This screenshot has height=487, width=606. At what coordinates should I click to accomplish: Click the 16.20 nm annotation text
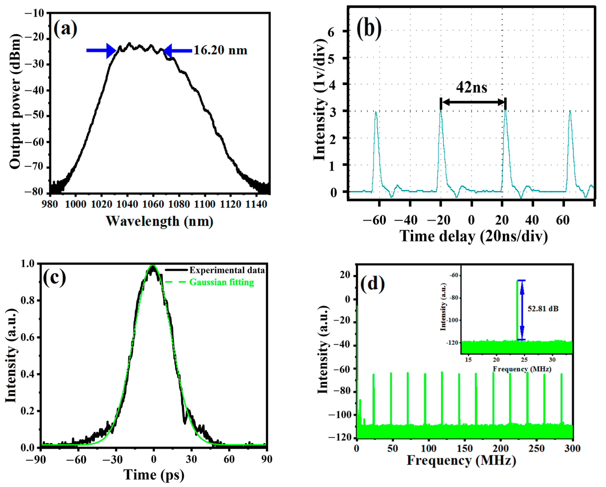pos(220,51)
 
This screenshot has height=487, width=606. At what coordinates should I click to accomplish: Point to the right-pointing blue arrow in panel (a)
pos(101,51)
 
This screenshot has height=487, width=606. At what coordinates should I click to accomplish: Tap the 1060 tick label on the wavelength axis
pos(153,204)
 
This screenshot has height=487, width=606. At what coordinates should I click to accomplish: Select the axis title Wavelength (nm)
pos(159,221)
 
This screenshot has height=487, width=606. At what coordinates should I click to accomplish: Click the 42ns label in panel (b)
pos(472,88)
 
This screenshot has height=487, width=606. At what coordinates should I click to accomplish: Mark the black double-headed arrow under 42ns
pos(473,102)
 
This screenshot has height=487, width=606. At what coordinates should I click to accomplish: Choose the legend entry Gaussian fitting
pos(221,282)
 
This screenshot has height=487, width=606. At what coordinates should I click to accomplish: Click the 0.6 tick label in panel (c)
pos(27,337)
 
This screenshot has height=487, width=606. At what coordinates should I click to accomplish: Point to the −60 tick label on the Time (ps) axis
pos(76,460)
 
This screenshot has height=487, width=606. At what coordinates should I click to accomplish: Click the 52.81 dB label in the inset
pos(543,309)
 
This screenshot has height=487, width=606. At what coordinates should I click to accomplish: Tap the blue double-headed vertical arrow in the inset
pos(522,310)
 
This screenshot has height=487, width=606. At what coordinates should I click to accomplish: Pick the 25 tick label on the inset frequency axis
pos(524,360)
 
